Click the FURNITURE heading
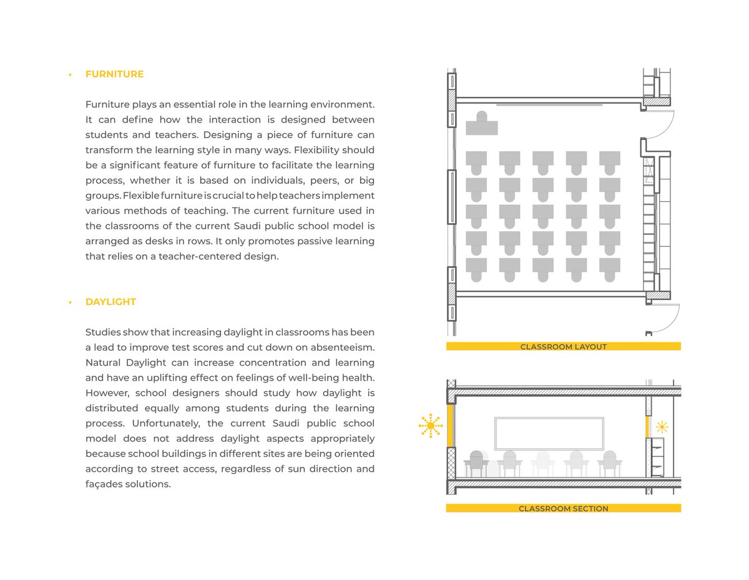click(x=114, y=74)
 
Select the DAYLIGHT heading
click(x=110, y=302)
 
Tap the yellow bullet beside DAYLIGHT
click(x=71, y=302)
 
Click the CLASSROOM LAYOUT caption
click(x=563, y=347)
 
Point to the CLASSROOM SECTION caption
click(x=563, y=509)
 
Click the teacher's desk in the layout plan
click(x=482, y=127)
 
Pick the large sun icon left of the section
click(x=430, y=426)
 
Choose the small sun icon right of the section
click(x=662, y=427)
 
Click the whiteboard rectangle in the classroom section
click(x=549, y=433)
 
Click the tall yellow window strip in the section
click(x=449, y=426)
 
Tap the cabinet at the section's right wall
click(x=657, y=457)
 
